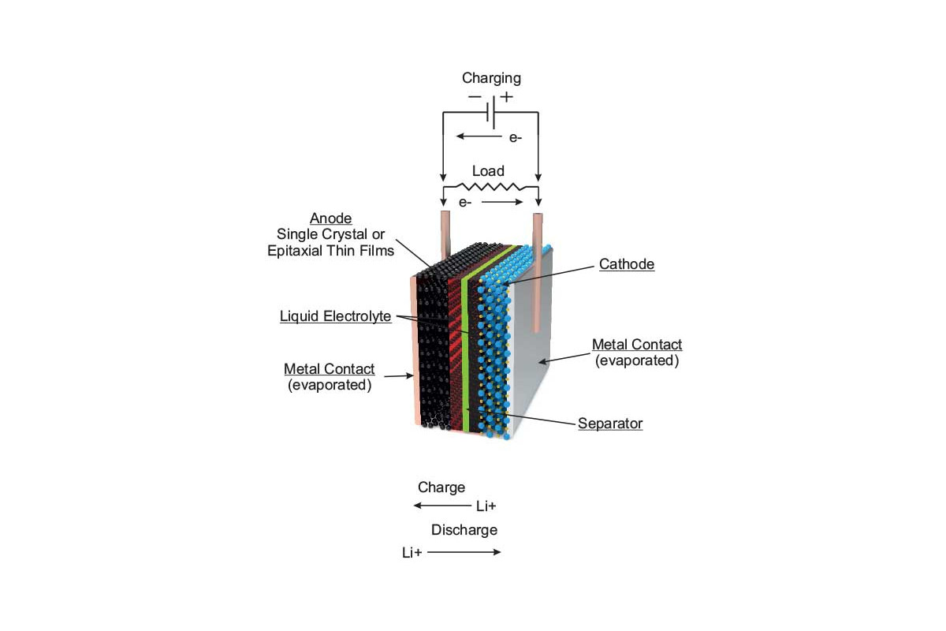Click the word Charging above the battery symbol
tap(491, 78)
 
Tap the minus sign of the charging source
tap(475, 97)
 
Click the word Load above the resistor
tap(488, 170)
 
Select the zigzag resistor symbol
tap(490, 188)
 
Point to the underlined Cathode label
tap(627, 265)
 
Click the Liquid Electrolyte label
tap(335, 317)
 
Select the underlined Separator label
tap(610, 424)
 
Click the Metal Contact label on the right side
tap(637, 345)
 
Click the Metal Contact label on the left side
tap(329, 369)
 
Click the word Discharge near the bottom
tap(464, 529)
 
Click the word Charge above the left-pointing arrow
tap(441, 487)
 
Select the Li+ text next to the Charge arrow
tap(486, 506)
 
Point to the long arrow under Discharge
tap(464, 552)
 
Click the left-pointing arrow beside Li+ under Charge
tap(442, 506)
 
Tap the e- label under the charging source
tap(515, 137)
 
